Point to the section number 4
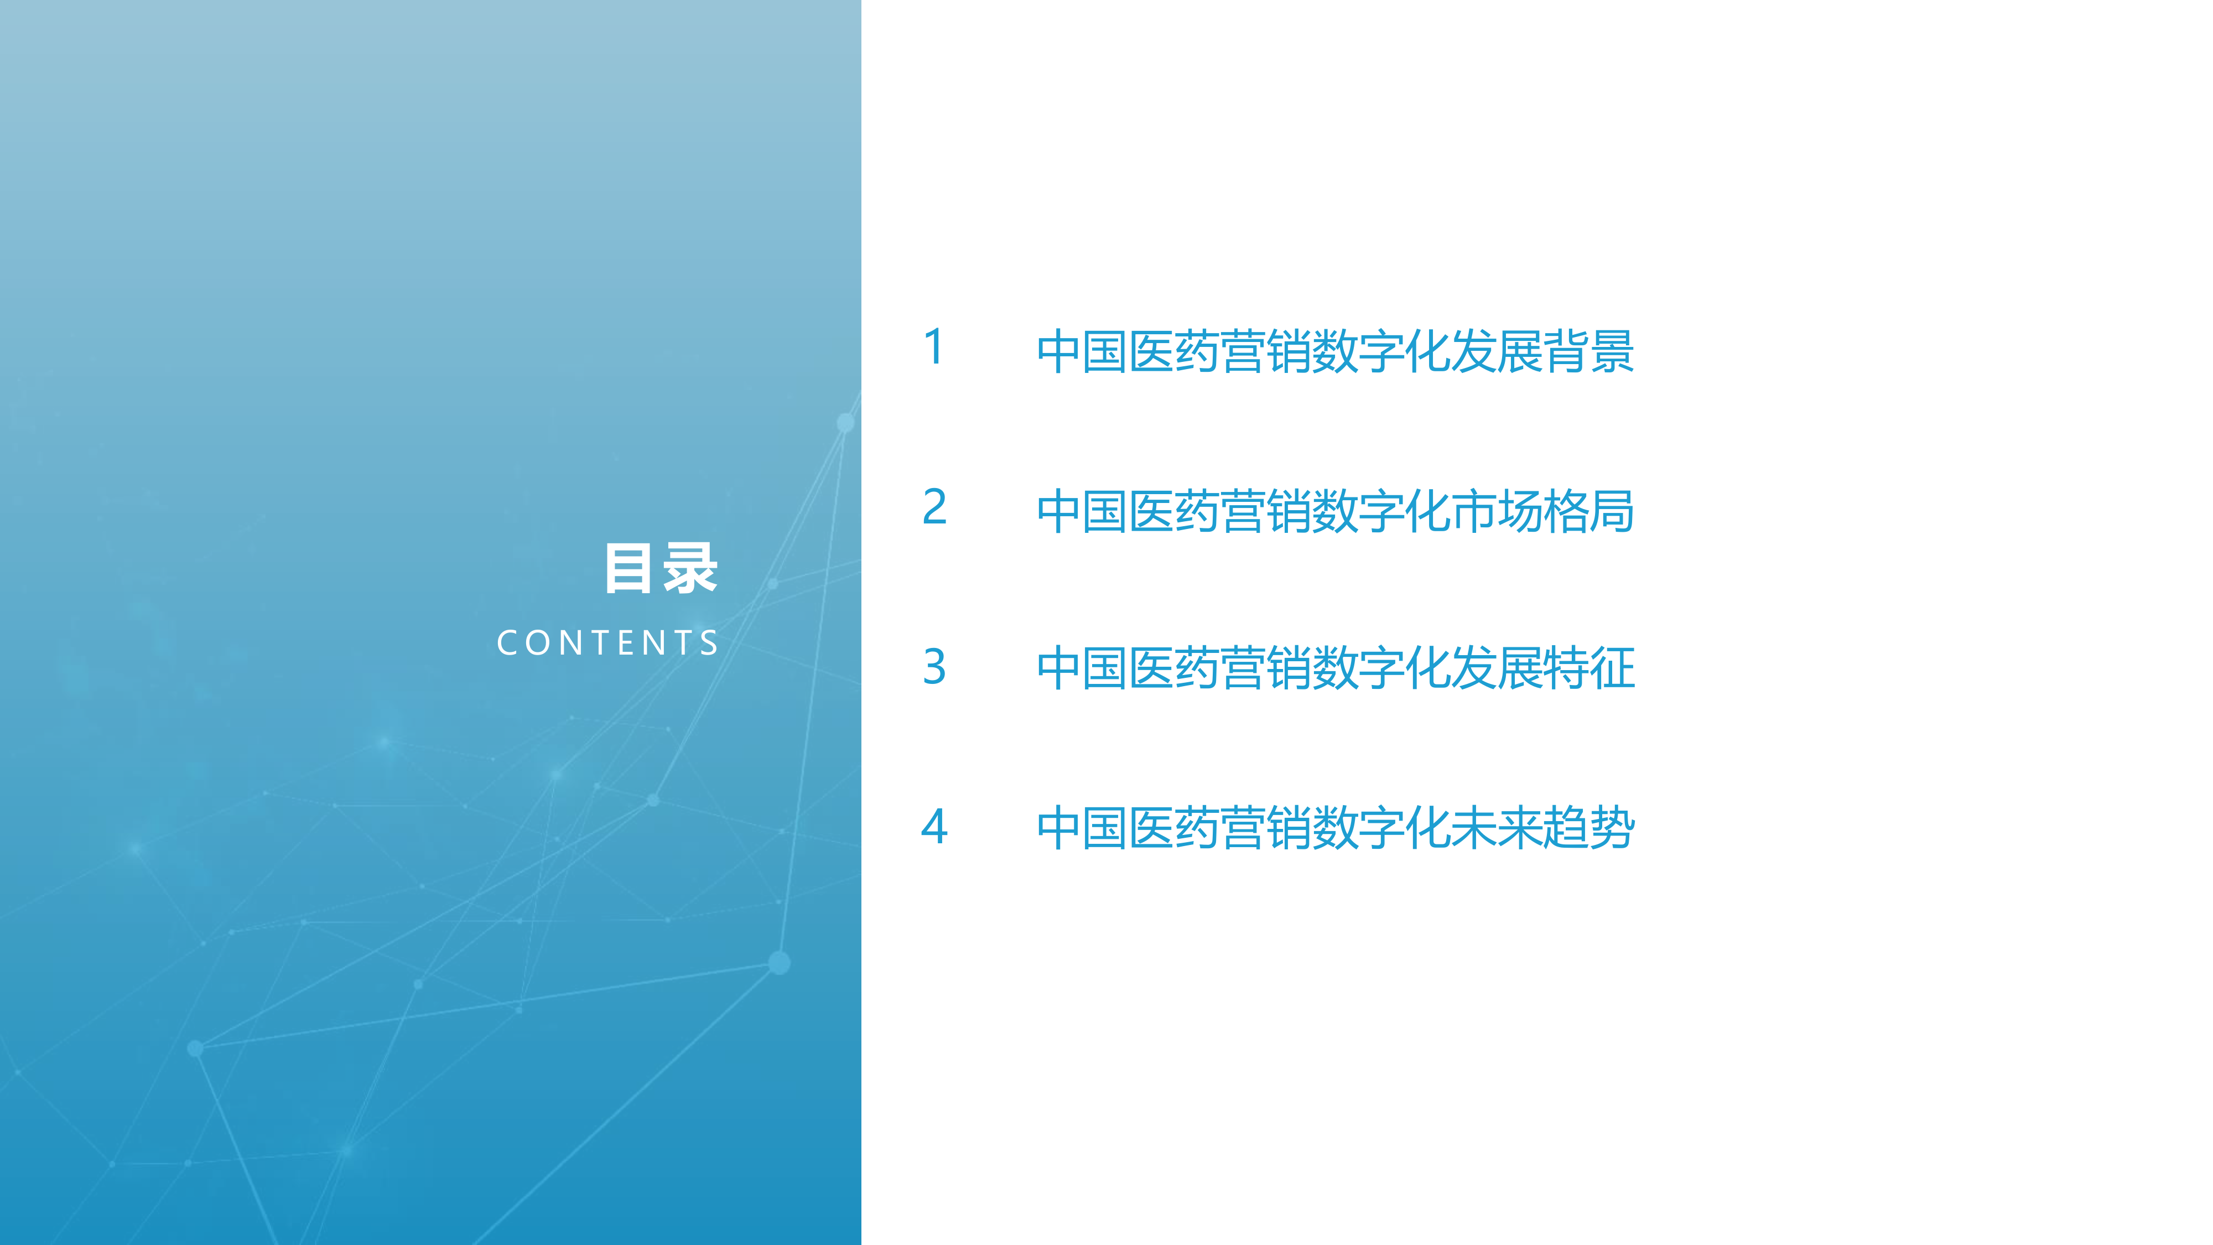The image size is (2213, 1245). coord(934,827)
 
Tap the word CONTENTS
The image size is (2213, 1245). coord(608,642)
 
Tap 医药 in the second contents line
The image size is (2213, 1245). coord(1175,511)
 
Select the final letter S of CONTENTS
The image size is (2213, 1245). coord(710,642)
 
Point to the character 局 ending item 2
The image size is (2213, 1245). coord(1613,511)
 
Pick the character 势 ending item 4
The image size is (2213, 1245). coord(1613,828)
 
